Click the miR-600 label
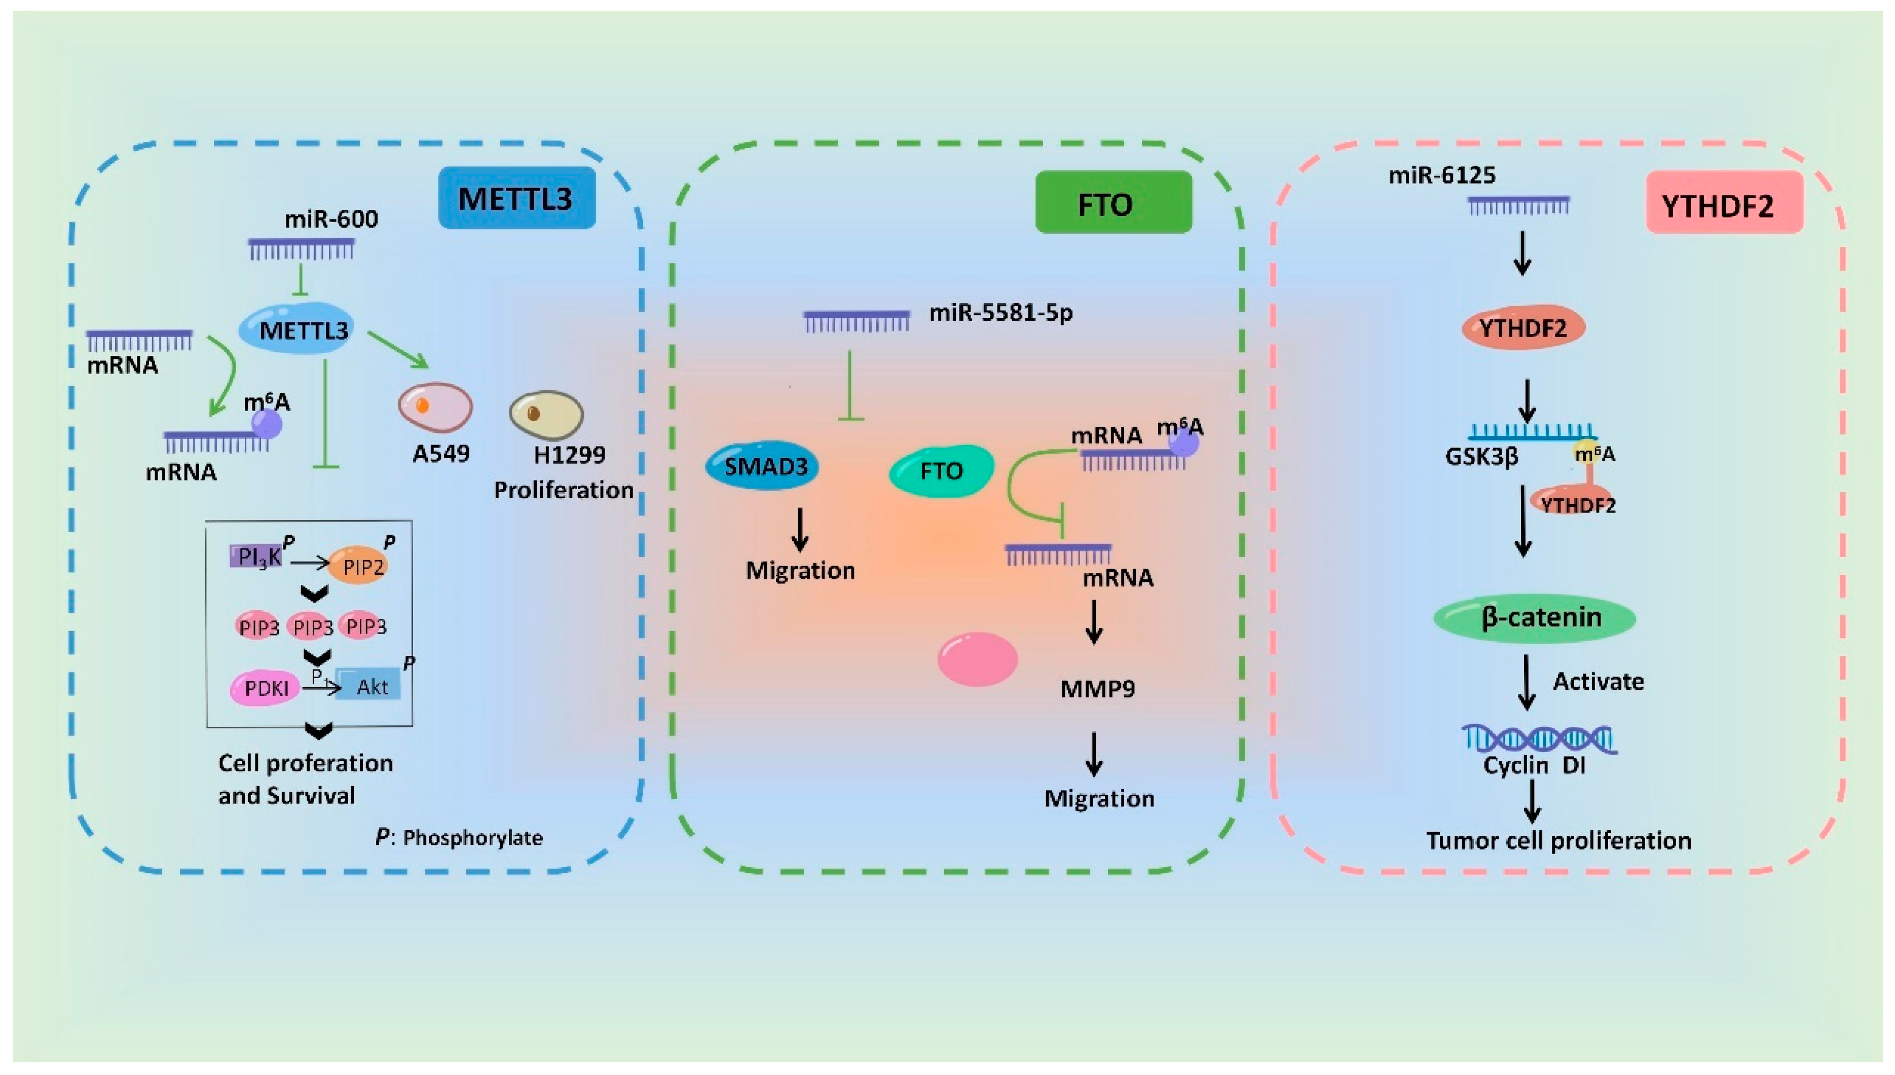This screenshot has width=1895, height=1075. (331, 219)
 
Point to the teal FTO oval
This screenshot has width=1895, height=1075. (941, 471)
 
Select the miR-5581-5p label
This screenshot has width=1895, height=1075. (1000, 313)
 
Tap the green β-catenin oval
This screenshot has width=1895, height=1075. (1534, 618)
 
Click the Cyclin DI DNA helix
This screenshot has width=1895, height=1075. (1540, 739)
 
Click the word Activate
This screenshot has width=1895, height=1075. (1598, 682)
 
